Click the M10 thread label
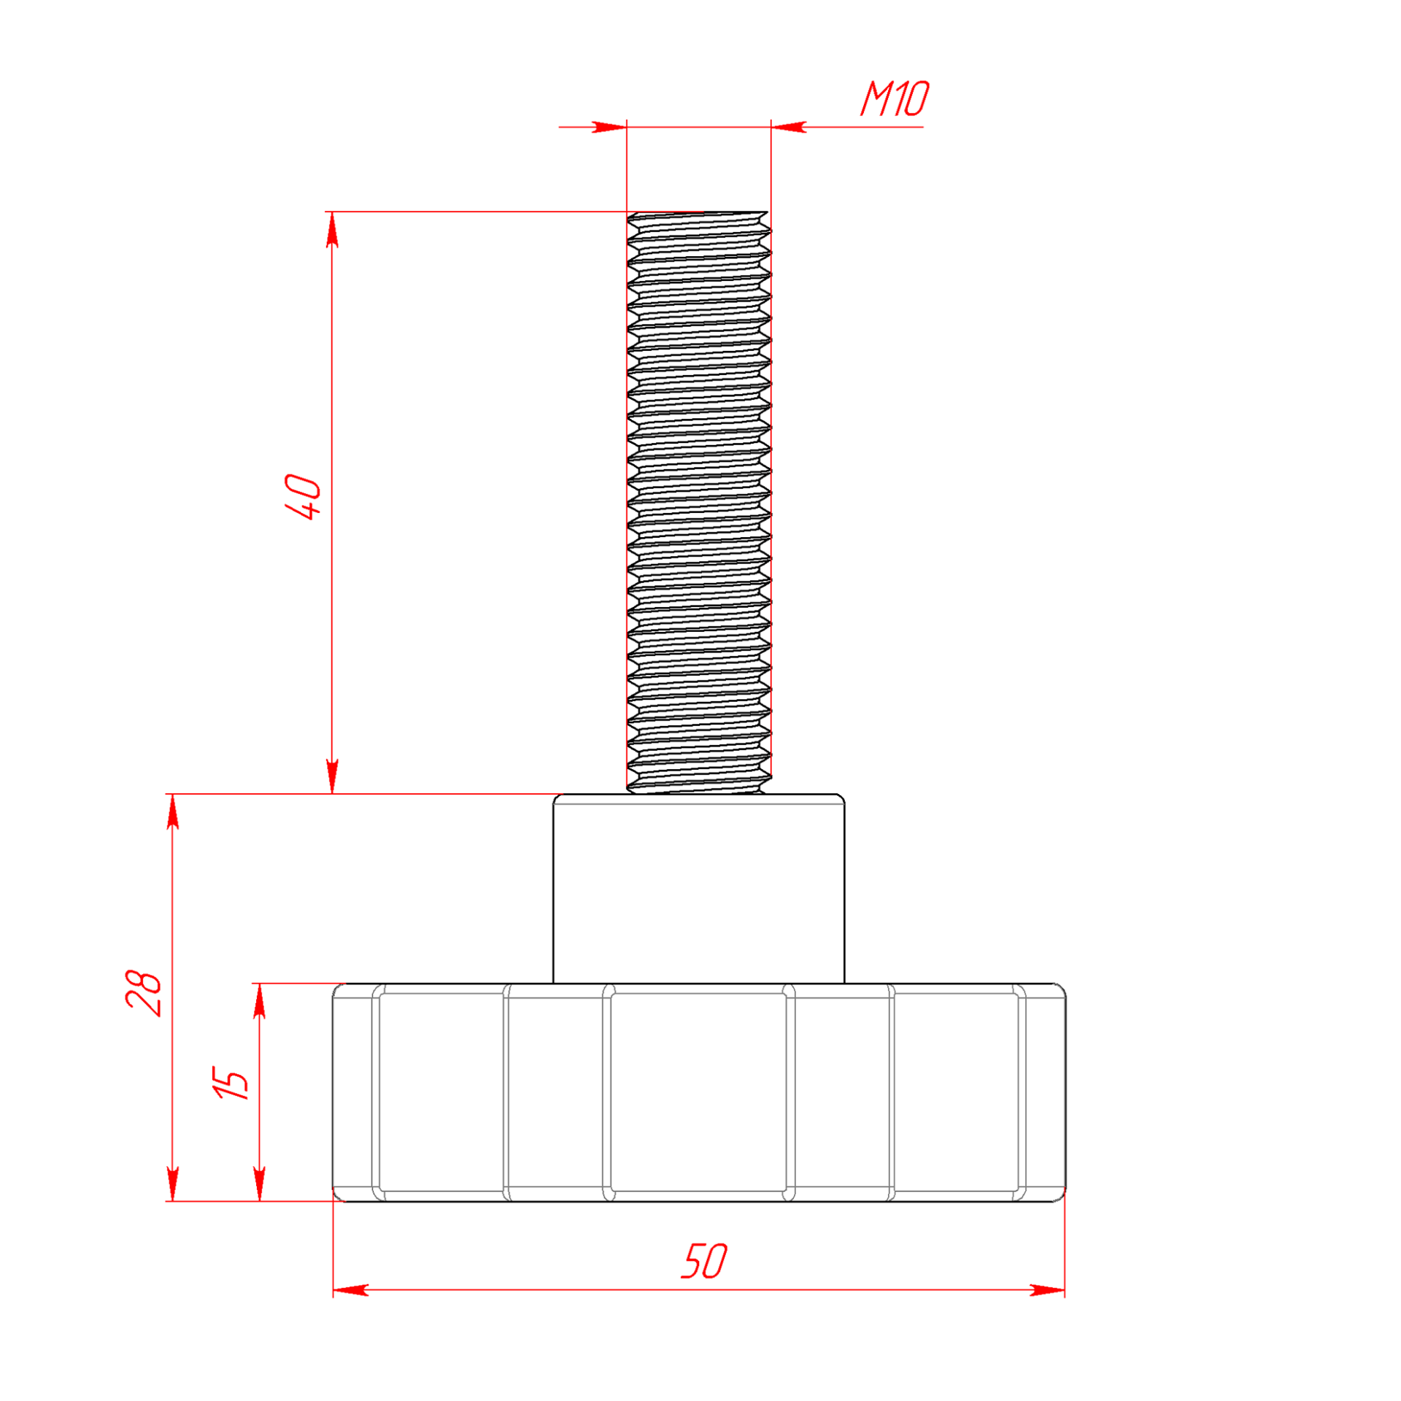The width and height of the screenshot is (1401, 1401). pos(895,99)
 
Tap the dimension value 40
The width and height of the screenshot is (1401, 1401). pos(304,496)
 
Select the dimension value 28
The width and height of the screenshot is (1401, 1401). pos(144,993)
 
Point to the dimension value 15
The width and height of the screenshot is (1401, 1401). pos(230,1083)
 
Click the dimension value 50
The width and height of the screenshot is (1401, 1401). pos(704,1262)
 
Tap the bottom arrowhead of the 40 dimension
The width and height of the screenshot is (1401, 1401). pos(332,776)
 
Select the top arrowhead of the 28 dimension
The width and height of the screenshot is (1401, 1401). pos(173,811)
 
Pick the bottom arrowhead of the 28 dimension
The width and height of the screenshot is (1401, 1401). pos(173,1184)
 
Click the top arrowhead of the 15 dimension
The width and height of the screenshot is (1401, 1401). pos(259,1001)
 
